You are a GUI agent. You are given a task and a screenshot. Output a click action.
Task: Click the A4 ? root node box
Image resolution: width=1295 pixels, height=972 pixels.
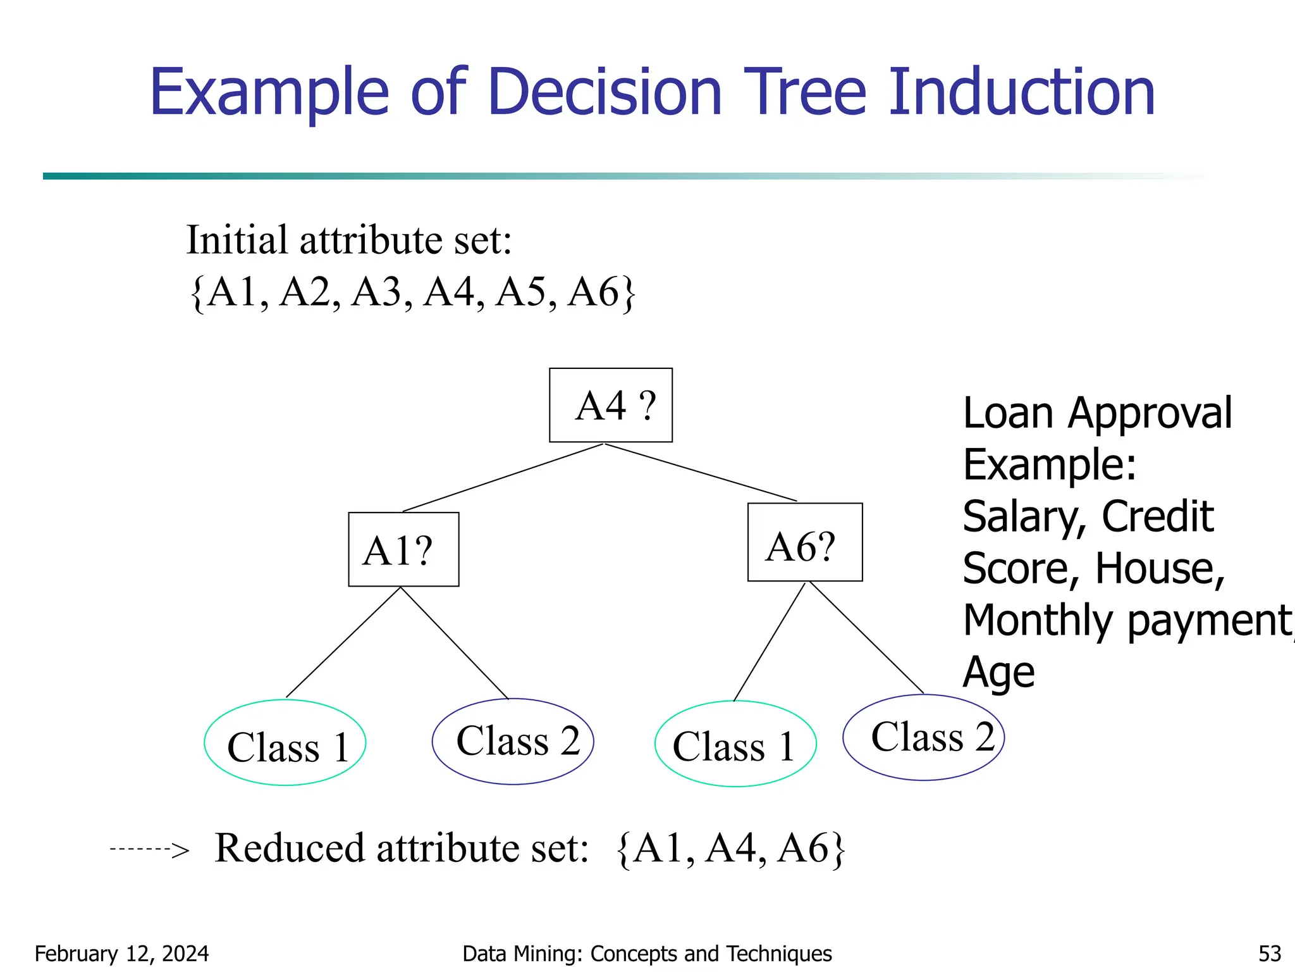coord(611,405)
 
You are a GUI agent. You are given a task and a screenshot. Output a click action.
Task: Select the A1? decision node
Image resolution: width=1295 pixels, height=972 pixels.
coord(403,549)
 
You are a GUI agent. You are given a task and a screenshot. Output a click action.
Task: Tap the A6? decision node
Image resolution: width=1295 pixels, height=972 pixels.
coord(804,542)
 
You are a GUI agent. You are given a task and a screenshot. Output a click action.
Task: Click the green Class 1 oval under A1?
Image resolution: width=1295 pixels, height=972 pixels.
coord(285,743)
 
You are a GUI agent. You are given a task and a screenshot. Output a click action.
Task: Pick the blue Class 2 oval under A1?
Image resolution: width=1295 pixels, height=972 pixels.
coord(513,741)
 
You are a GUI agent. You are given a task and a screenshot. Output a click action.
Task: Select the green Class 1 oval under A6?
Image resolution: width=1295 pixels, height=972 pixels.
coord(735,744)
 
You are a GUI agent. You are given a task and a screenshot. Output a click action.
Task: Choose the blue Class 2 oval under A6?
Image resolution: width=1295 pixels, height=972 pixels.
coord(923,737)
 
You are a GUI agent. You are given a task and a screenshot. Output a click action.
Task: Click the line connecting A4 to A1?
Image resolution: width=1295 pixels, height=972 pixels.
coord(503,478)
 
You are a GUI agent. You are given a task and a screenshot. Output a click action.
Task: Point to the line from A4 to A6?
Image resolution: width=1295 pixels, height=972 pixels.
coord(701,473)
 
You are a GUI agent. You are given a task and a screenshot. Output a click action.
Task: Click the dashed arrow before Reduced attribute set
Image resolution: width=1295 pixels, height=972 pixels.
coord(149,849)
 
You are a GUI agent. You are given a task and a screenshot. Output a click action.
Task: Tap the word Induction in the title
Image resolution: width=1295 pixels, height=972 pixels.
coord(1022,93)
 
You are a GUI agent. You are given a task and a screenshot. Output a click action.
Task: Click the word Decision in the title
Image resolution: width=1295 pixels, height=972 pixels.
coord(605,93)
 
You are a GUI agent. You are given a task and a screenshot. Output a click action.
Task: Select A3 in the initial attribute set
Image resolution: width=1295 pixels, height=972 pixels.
coord(377,293)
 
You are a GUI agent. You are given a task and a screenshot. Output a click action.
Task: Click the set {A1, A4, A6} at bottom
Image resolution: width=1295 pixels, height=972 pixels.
coord(730,849)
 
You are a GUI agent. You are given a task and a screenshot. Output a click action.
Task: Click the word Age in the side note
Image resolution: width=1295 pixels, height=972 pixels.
coord(998,672)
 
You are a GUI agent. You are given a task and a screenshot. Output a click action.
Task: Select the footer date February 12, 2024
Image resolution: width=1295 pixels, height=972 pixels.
coord(121,954)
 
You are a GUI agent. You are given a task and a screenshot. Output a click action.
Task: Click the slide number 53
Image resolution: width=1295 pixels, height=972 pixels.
coord(1269,954)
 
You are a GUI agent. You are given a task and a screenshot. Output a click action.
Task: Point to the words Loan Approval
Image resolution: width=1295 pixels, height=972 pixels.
coord(1097,413)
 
